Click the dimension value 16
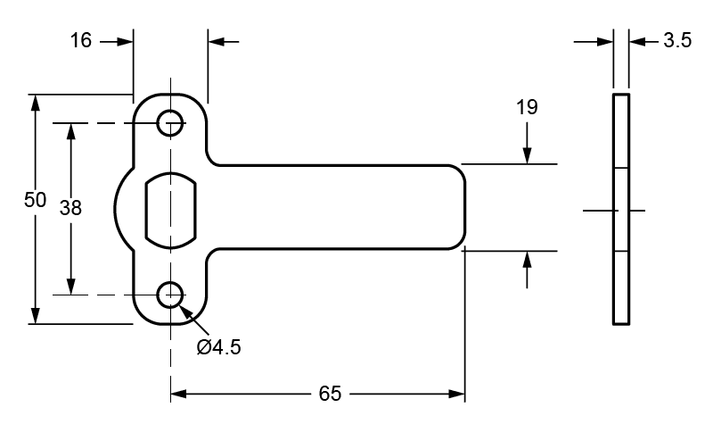81,41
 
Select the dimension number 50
35,201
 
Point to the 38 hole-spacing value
70,208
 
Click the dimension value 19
527,108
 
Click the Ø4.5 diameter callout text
218,346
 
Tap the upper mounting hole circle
170,122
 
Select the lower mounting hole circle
170,294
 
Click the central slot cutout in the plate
169,208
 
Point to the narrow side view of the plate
621,208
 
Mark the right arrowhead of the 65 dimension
458,394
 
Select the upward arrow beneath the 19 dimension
528,260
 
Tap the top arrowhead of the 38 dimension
70,130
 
